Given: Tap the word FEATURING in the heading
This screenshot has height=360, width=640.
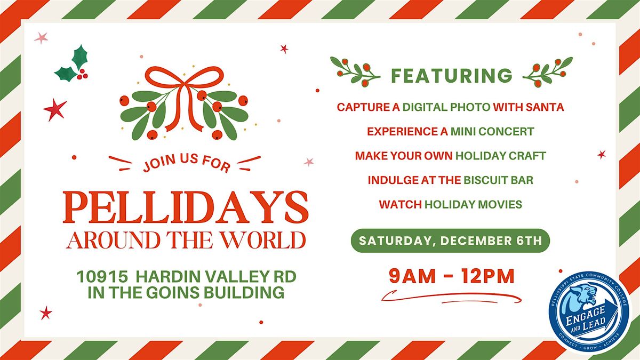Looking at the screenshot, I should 451,75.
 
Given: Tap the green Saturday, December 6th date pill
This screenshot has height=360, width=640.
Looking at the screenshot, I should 450,240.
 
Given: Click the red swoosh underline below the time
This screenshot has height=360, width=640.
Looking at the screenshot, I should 453,296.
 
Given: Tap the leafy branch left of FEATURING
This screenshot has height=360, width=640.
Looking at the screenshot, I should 354,71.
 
